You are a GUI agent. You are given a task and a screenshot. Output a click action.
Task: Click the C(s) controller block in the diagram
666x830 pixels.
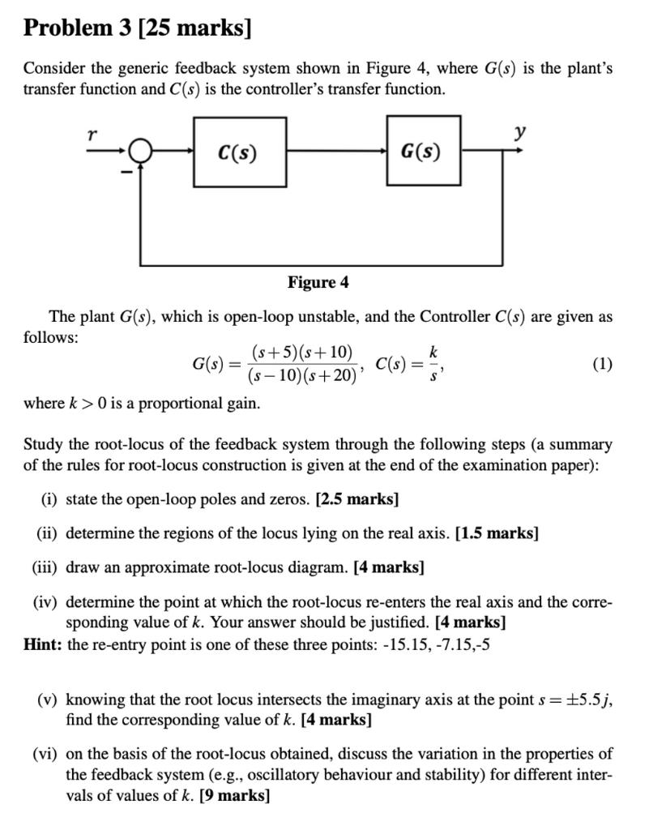tap(239, 152)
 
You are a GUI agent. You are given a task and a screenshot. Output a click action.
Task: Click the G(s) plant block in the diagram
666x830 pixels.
tap(422, 151)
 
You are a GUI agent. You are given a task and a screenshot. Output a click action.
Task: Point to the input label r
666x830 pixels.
tap(92, 135)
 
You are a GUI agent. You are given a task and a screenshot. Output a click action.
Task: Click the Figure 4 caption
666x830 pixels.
tap(318, 282)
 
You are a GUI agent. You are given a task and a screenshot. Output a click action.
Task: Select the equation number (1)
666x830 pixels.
tap(601, 364)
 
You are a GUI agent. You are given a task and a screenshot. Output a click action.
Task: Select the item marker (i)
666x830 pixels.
tap(49, 499)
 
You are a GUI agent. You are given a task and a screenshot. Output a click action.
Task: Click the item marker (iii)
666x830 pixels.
tap(45, 567)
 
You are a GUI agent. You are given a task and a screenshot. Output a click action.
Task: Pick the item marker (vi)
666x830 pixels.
tap(45, 754)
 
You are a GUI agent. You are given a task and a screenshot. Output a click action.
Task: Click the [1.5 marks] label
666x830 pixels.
tap(497, 533)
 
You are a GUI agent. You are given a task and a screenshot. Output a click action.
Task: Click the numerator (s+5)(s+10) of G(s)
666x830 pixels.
tap(302, 353)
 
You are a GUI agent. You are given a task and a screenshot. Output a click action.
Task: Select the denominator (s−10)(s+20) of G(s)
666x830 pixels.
tap(302, 376)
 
